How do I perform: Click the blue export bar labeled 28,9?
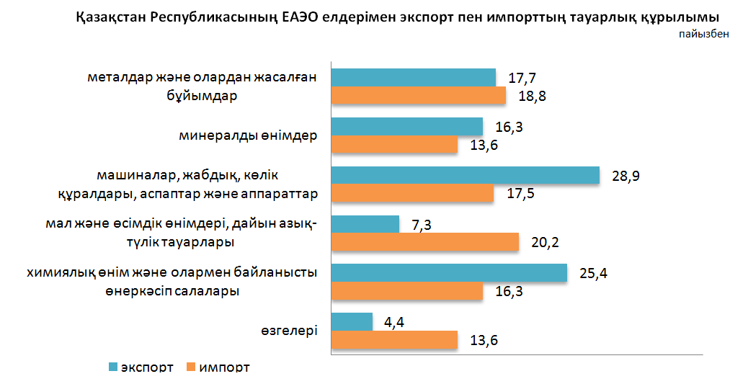click(x=465, y=176)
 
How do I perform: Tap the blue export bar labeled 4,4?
click(x=352, y=322)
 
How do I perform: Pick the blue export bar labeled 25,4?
click(x=448, y=273)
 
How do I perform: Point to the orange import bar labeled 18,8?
click(x=419, y=96)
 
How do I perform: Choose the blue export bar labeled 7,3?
click(x=365, y=224)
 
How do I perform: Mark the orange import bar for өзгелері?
click(x=394, y=340)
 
